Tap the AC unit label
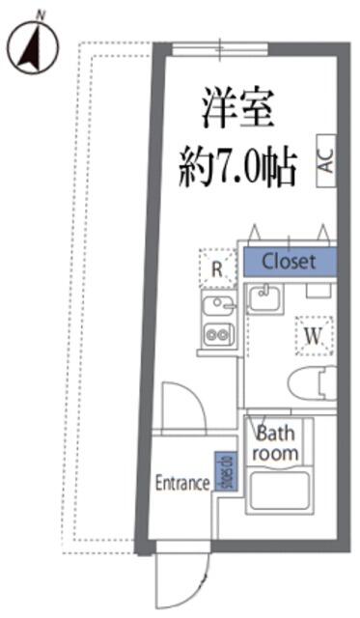click(327, 160)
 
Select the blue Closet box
click(290, 262)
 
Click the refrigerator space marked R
click(217, 268)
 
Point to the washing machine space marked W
click(315, 336)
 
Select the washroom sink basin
click(264, 298)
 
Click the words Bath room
click(276, 443)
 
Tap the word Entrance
click(182, 483)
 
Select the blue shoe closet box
click(226, 471)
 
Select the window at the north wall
click(220, 49)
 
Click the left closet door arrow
click(254, 232)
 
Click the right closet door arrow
click(323, 232)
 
